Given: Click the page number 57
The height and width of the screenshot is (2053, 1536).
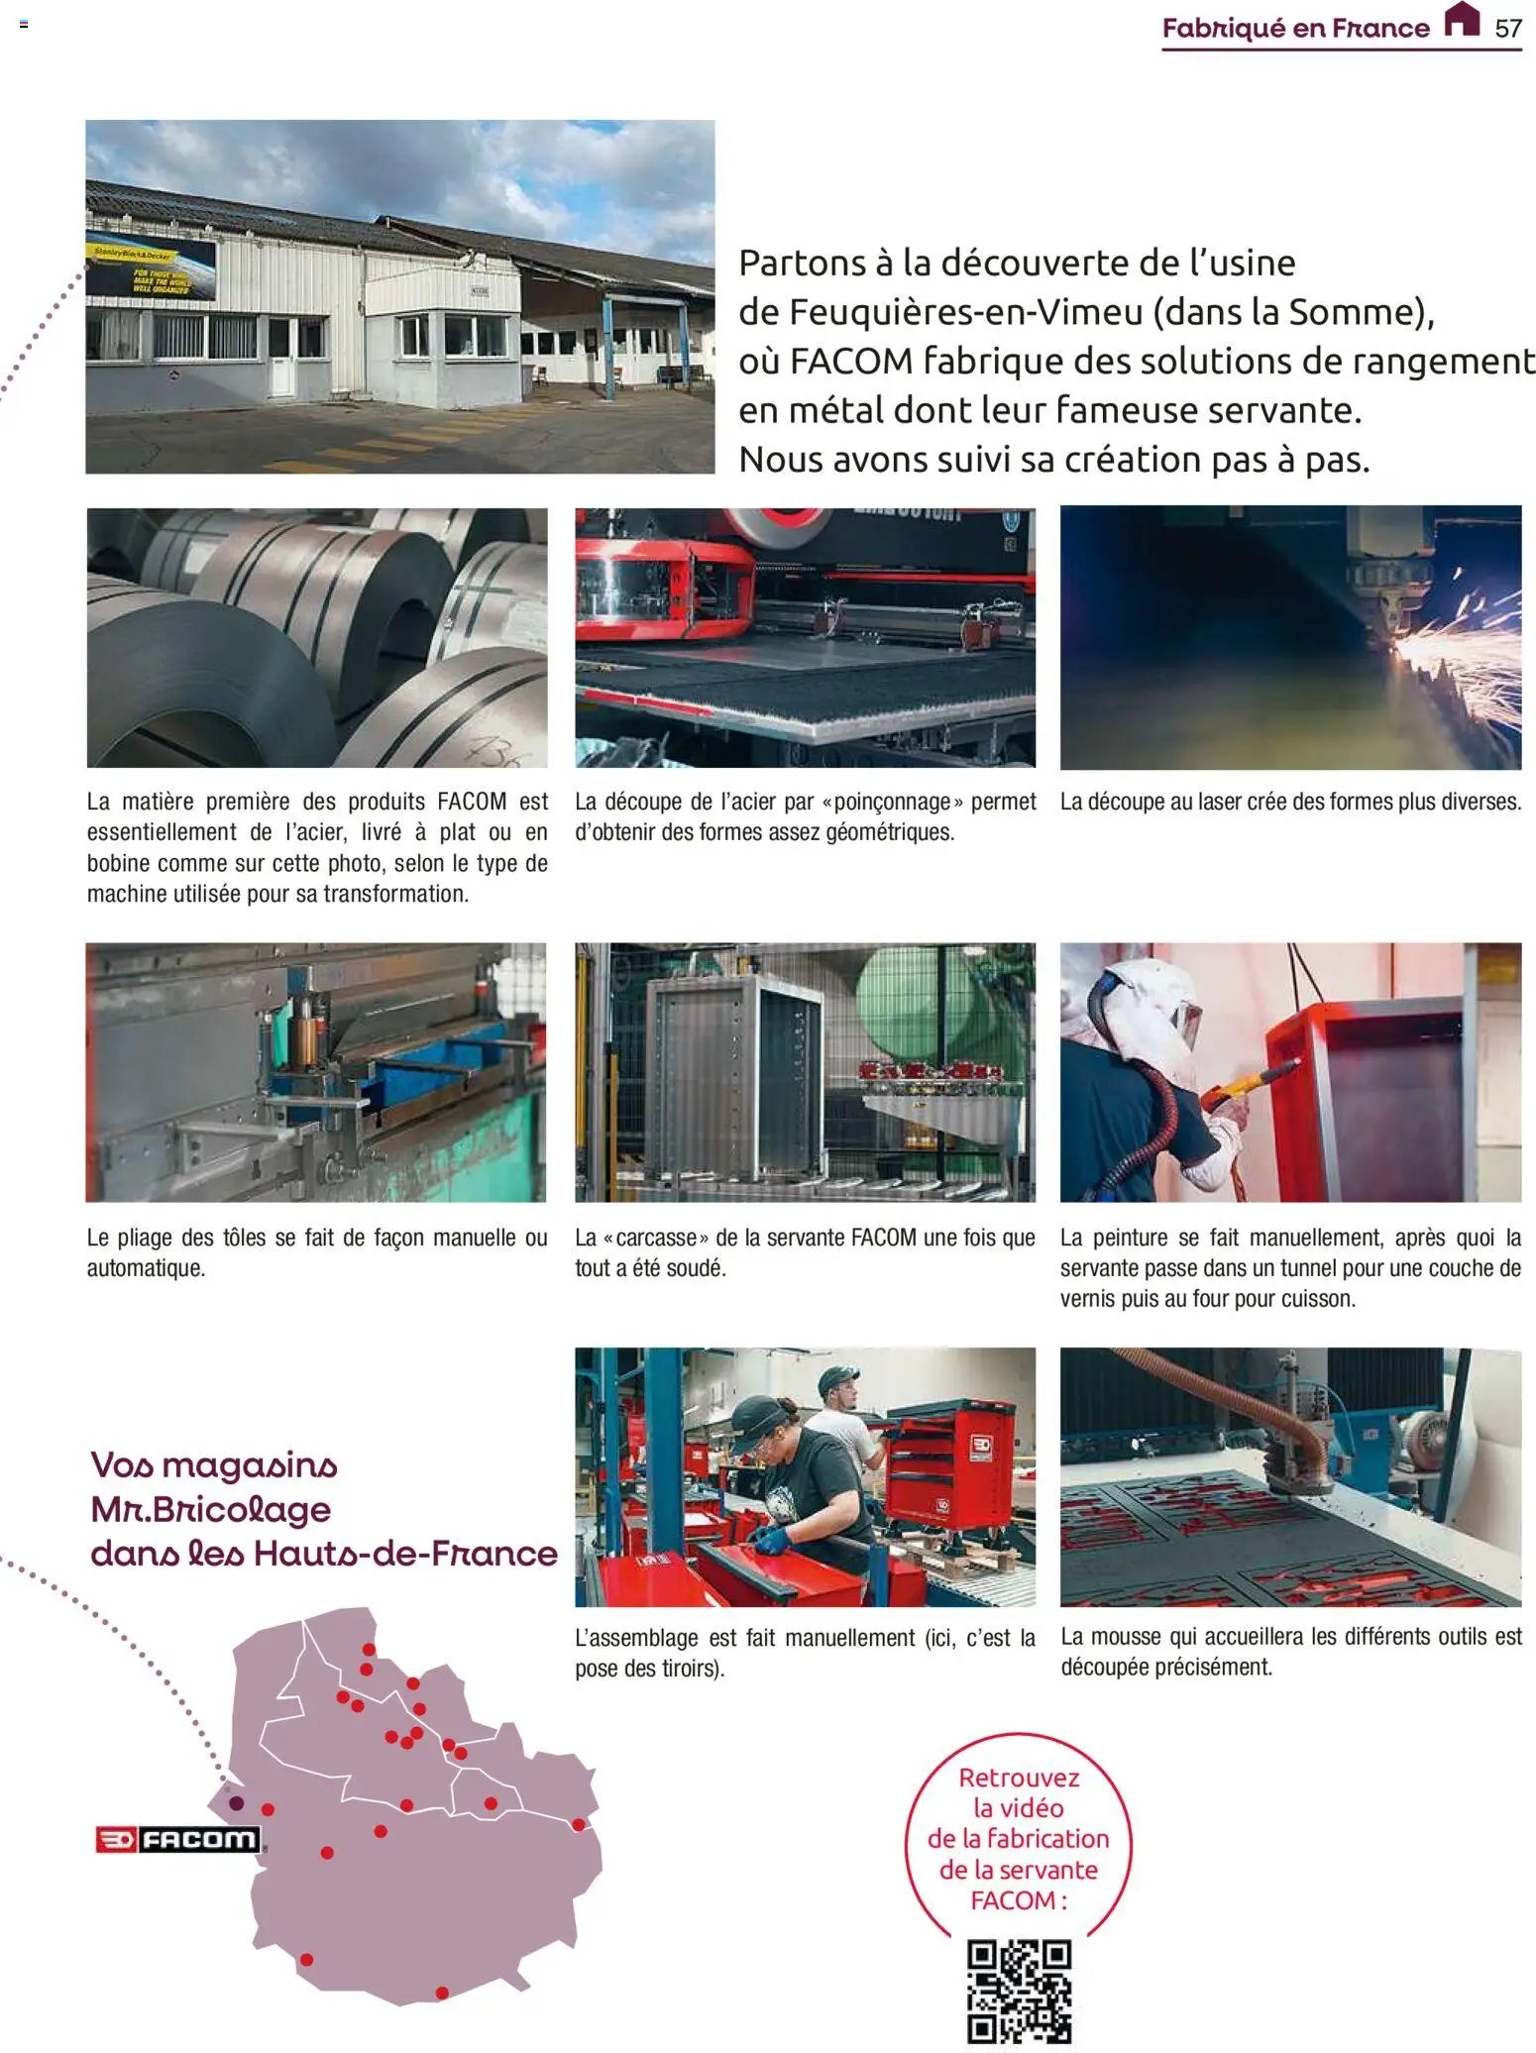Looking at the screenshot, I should coord(1507,28).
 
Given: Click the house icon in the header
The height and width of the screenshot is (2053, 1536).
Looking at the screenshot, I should coord(1462,19).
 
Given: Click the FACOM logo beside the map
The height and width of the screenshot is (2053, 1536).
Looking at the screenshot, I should coord(178,1840).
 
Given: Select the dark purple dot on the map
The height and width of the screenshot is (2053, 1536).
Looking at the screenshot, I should coord(236,1802).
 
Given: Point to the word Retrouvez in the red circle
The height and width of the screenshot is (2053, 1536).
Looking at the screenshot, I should coord(1018,1778).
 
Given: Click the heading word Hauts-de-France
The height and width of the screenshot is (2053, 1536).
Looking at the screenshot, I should coord(405,1553).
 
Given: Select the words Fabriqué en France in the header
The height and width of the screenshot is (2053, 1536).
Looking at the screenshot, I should coord(1295,28).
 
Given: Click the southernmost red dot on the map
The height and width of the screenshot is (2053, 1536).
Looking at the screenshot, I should coord(442,1993).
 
